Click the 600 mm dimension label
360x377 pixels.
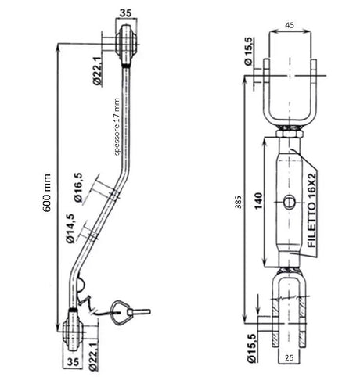pyautogui.click(x=48, y=193)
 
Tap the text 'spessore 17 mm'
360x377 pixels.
pyautogui.click(x=117, y=127)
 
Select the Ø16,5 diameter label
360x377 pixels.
pyautogui.click(x=78, y=188)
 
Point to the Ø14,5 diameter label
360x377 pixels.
pyautogui.click(x=70, y=228)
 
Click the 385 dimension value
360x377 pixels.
pyautogui.click(x=238, y=202)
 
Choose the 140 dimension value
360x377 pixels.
pyautogui.click(x=258, y=201)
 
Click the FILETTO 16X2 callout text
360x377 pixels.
pyautogui.click(x=312, y=210)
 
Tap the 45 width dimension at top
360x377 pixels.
pyautogui.click(x=290, y=25)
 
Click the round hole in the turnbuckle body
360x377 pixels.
pyautogui.click(x=290, y=202)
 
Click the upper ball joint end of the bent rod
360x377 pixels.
pyautogui.click(x=127, y=45)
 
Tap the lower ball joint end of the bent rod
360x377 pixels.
pyautogui.click(x=74, y=330)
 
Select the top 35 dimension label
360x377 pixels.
pyautogui.click(x=126, y=13)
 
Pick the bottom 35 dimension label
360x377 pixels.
pyautogui.click(x=74, y=362)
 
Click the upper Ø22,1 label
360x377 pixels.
pyautogui.click(x=97, y=71)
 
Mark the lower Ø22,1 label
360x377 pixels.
pyautogui.click(x=93, y=357)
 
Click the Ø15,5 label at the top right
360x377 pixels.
pyautogui.click(x=248, y=52)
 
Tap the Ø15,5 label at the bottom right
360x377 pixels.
pyautogui.click(x=252, y=348)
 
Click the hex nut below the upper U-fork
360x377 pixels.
pyautogui.click(x=290, y=135)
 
